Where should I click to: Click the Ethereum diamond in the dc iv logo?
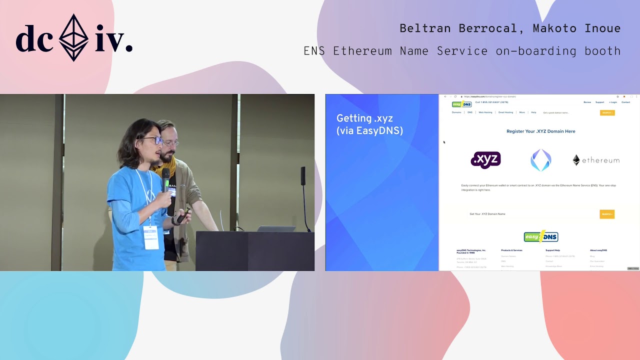[74, 37]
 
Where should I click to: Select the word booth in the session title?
[604, 51]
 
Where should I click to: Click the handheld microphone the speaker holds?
[165, 179]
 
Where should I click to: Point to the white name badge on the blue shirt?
[150, 237]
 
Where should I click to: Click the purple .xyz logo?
[485, 160]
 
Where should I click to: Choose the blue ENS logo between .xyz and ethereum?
[540, 160]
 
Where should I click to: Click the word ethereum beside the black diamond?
[600, 160]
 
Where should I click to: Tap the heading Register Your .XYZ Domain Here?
[540, 131]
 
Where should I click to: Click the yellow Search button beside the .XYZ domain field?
[606, 214]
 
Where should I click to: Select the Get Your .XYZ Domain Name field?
[530, 214]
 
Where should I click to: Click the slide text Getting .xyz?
[364, 118]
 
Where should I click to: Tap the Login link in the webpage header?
[613, 102]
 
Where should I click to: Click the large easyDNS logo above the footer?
[540, 236]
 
